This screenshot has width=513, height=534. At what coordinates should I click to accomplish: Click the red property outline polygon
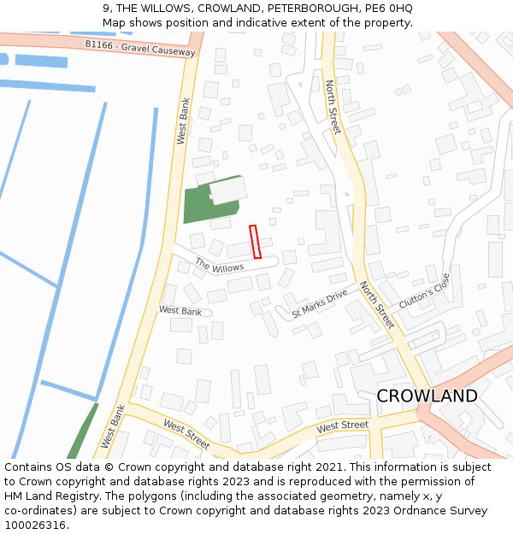point(255,242)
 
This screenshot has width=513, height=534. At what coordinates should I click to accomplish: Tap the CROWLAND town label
point(427,396)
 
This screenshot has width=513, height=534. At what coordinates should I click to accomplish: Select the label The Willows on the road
point(219,267)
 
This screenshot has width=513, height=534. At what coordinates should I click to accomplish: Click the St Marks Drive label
point(320,302)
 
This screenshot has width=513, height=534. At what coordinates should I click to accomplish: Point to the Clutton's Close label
point(424,291)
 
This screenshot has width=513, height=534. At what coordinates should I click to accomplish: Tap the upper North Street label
point(333,107)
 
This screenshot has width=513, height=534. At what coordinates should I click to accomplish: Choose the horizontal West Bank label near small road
point(180,311)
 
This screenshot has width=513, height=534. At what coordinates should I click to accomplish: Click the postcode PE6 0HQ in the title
point(389,8)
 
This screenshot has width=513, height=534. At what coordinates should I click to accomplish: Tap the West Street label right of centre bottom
point(342,425)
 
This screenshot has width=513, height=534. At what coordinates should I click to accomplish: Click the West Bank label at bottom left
point(113,426)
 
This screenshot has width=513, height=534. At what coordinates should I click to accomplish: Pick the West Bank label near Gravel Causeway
point(182,120)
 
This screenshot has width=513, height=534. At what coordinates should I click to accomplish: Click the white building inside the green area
point(228,191)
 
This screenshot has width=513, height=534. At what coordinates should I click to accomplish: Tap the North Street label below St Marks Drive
point(376,305)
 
